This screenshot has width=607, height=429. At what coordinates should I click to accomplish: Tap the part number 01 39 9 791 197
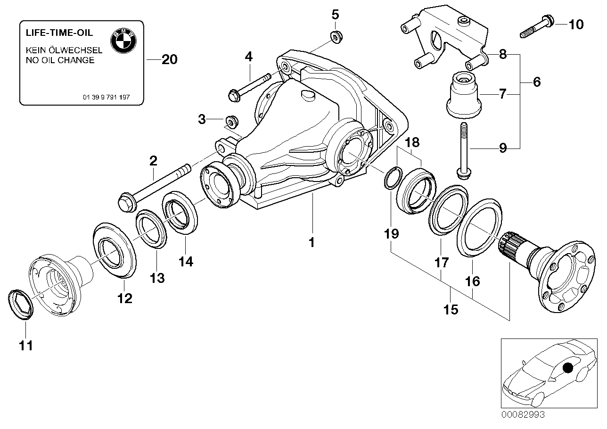(x=106, y=97)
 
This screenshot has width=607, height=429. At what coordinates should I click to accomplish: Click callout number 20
(x=169, y=60)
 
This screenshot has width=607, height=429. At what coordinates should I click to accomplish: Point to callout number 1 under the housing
(x=311, y=243)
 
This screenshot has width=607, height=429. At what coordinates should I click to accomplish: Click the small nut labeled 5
(x=336, y=35)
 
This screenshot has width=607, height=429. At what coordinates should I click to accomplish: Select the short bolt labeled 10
(x=537, y=27)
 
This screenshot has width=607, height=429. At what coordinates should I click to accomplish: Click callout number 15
(x=450, y=309)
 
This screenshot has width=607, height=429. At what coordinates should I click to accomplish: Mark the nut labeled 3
(x=231, y=120)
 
